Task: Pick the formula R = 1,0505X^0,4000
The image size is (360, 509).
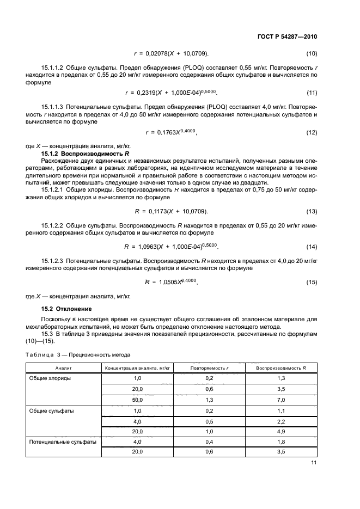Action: tap(170, 282)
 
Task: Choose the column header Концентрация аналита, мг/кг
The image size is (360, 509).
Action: tap(138, 369)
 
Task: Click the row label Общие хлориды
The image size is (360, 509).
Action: tap(51, 378)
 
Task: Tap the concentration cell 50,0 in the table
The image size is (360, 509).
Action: tap(138, 400)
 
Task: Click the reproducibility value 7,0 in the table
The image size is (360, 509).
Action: tap(281, 400)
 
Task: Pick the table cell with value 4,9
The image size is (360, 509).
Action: tap(281, 431)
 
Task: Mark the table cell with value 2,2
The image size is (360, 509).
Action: tap(281, 421)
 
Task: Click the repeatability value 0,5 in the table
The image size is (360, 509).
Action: tap(209, 421)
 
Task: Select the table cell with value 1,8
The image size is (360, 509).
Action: tap(281, 441)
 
